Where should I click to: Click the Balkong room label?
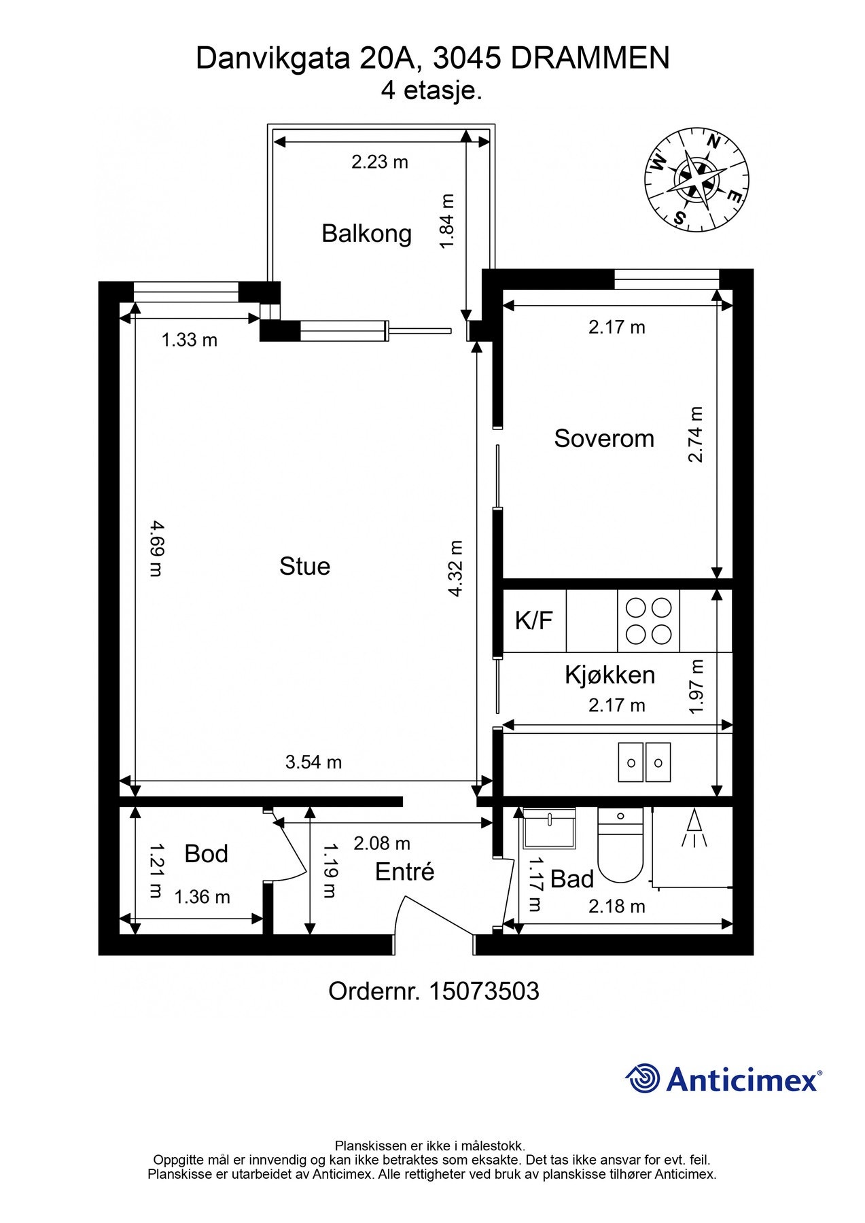pyautogui.click(x=366, y=233)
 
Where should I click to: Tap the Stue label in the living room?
pyautogui.click(x=304, y=566)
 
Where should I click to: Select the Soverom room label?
pyautogui.click(x=604, y=438)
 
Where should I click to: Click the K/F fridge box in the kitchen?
pyautogui.click(x=534, y=620)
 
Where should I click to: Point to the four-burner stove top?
pyautogui.click(x=648, y=620)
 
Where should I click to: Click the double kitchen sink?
pyautogui.click(x=644, y=762)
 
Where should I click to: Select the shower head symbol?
pyautogui.click(x=694, y=828)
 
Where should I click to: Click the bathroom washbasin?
pyautogui.click(x=549, y=827)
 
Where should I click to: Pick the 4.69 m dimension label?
pyautogui.click(x=156, y=548)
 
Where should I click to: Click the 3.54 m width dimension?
pyautogui.click(x=313, y=762)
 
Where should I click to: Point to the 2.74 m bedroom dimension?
pyautogui.click(x=696, y=434)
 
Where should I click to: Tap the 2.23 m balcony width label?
pyautogui.click(x=380, y=162)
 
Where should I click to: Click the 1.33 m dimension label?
pyautogui.click(x=190, y=340)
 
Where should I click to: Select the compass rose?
pyautogui.click(x=696, y=179)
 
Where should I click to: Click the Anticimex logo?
pyautogui.click(x=724, y=1078)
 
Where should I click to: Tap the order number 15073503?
pyautogui.click(x=484, y=991)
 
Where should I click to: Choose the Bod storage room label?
pyautogui.click(x=207, y=854)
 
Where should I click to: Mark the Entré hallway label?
pyautogui.click(x=404, y=872)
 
